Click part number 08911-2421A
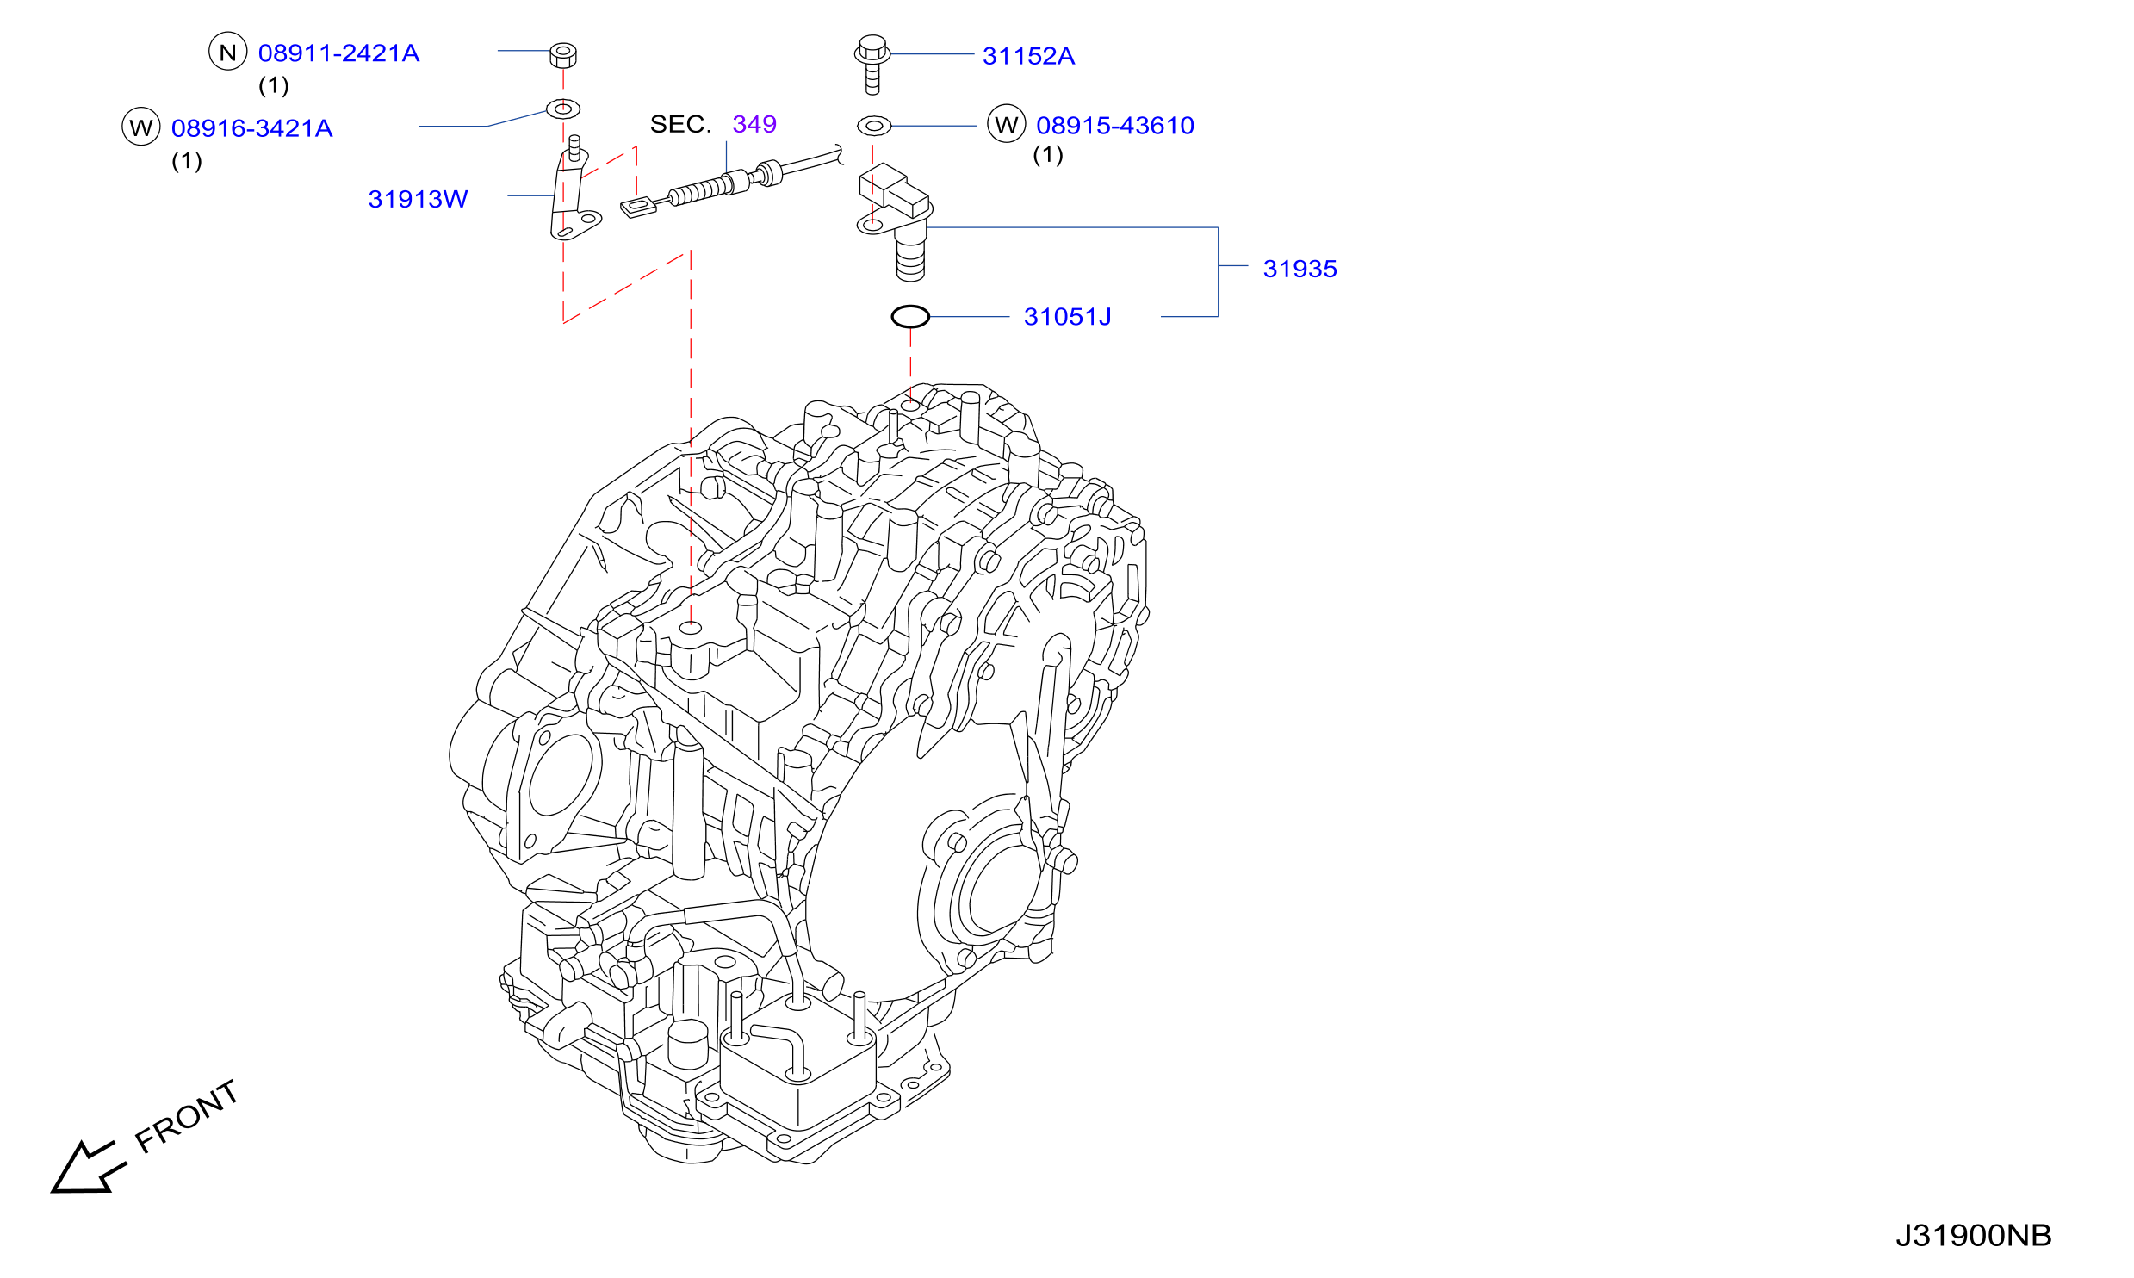[338, 53]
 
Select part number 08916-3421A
[251, 128]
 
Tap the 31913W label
[418, 199]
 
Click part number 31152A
[1028, 56]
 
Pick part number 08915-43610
[1115, 126]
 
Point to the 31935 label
[1300, 269]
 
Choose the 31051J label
[1067, 317]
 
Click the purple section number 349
[754, 124]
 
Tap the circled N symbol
[228, 52]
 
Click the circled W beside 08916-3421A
[141, 127]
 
